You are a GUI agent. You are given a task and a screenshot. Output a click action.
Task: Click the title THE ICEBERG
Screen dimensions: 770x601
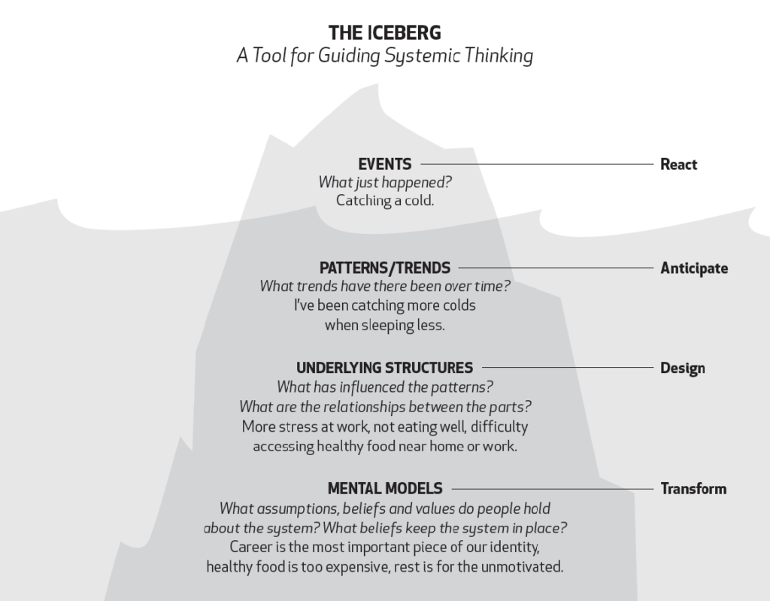384,33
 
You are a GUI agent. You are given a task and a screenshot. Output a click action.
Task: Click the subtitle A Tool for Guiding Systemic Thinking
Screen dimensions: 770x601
384,56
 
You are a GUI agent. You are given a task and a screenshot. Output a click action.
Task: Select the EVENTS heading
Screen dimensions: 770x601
384,164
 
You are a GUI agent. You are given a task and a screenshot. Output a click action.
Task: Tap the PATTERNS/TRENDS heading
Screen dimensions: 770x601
384,268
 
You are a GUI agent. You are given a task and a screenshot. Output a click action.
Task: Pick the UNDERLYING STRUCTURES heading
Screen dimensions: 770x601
384,368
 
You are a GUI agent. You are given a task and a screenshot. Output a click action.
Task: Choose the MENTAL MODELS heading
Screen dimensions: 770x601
384,488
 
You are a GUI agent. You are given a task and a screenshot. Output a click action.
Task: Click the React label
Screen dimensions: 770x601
678,164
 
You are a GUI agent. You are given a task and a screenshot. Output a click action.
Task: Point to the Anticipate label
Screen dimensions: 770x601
694,269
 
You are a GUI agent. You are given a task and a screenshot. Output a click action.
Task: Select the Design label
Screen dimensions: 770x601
683,368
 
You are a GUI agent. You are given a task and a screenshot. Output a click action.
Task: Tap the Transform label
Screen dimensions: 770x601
693,488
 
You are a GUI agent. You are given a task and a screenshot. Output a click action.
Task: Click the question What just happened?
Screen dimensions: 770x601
384,182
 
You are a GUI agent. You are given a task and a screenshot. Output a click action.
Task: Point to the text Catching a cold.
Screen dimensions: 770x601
384,201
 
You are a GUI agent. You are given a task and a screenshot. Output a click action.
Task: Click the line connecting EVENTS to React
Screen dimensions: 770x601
537,164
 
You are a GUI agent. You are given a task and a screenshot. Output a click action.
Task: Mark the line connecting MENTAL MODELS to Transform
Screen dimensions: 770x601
553,489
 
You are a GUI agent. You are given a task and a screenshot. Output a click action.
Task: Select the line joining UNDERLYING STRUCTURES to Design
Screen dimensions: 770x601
568,368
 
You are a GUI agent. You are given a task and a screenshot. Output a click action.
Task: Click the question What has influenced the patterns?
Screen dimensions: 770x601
384,387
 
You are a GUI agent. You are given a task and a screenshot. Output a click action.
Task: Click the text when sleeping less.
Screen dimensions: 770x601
384,325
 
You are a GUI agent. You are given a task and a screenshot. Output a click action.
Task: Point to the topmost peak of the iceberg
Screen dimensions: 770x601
377,84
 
